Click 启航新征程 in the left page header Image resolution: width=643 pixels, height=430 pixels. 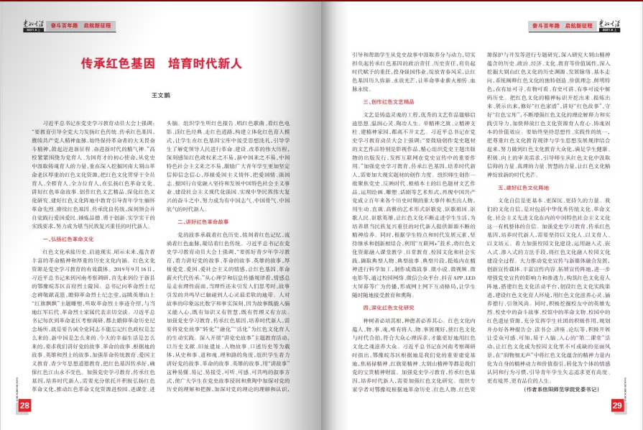click(x=101, y=25)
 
